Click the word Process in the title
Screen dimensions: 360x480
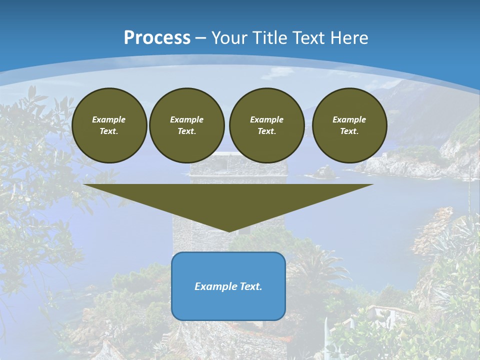coord(157,38)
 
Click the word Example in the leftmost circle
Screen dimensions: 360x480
coord(109,119)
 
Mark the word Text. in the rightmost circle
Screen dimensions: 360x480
coord(349,131)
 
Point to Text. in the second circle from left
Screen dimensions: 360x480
coord(186,131)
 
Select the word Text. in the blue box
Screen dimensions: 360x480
coord(251,286)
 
